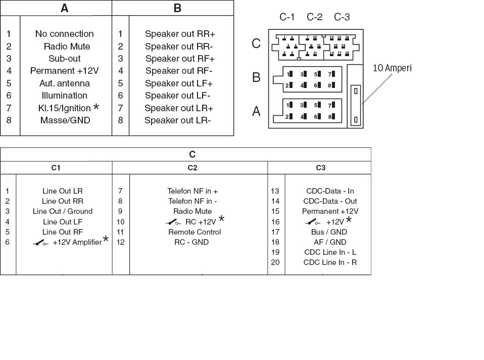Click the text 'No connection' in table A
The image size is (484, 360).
pos(64,34)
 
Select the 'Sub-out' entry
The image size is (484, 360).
pos(64,59)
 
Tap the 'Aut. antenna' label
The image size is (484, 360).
pos(64,83)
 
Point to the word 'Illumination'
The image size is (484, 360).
pos(64,96)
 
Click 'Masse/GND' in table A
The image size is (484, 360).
pos(65,120)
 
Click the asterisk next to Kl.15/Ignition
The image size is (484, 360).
pos(96,108)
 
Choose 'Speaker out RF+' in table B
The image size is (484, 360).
pos(179,59)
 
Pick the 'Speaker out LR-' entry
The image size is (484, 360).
pos(177,120)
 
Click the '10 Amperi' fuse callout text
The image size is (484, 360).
pos(392,68)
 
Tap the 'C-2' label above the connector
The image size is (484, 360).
pos(314,17)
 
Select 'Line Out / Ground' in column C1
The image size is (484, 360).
pos(63,211)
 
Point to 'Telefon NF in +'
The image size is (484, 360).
pos(192,191)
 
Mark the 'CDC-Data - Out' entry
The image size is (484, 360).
pos(330,201)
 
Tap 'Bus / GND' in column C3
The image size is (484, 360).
pos(329,232)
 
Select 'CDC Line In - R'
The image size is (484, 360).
pos(330,262)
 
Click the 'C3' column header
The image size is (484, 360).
pos(321,168)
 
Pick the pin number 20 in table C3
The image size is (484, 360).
pos(275,262)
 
